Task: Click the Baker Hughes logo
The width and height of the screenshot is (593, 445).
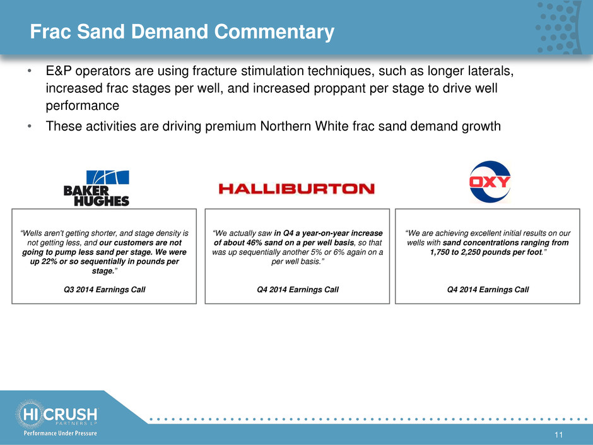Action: (97, 188)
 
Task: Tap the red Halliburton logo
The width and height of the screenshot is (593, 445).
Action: (296, 189)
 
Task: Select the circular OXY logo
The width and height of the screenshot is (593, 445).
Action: (490, 182)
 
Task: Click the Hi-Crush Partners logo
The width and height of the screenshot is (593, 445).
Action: (56, 414)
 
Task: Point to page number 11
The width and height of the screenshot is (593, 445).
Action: (558, 435)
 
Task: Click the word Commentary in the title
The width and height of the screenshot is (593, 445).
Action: (274, 32)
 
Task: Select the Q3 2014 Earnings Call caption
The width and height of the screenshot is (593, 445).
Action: (104, 290)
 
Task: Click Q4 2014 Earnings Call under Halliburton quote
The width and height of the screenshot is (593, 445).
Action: (298, 290)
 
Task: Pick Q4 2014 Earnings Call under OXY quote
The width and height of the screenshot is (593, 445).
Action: (488, 290)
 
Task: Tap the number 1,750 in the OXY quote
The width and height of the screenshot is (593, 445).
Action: (440, 252)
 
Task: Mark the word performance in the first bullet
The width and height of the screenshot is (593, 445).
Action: (83, 105)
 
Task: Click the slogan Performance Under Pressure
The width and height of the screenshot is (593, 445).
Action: (60, 433)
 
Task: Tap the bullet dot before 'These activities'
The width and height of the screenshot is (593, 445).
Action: (29, 126)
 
